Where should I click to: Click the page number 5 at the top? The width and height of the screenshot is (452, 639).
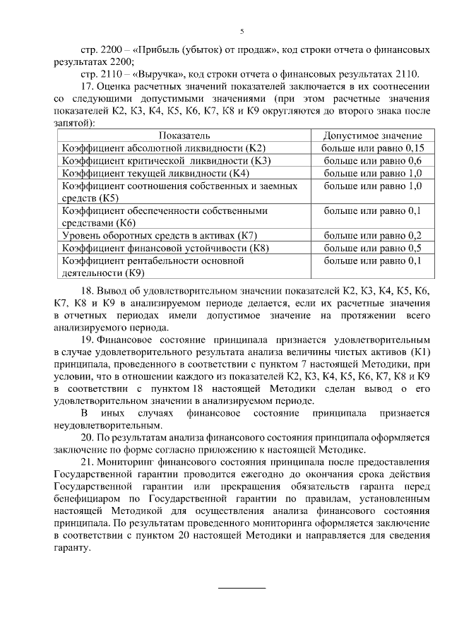click(x=242, y=32)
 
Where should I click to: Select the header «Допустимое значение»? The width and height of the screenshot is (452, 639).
click(x=372, y=135)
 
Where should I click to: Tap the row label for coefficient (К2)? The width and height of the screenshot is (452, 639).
click(x=163, y=148)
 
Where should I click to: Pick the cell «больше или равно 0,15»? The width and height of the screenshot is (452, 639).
click(x=372, y=148)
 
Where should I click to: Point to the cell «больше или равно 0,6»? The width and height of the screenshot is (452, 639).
click(x=372, y=160)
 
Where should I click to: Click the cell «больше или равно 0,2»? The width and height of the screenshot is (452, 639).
click(x=372, y=234)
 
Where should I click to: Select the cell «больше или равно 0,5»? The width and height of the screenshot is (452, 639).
click(x=372, y=247)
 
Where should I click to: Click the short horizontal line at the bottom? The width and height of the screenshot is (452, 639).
click(x=242, y=587)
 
